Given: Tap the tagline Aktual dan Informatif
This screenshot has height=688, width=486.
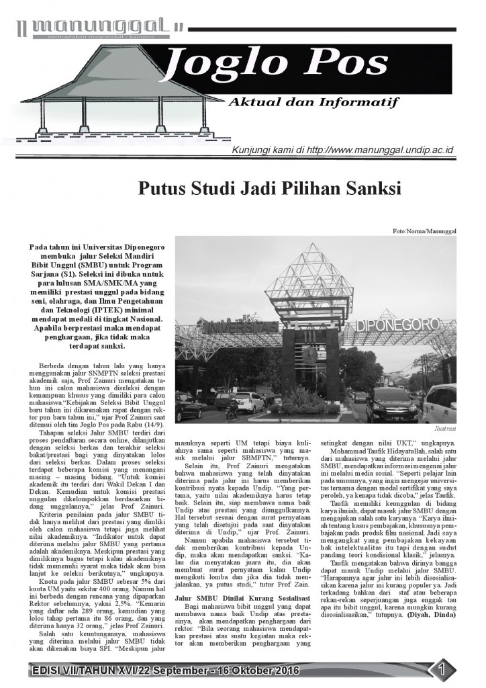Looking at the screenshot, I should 313,103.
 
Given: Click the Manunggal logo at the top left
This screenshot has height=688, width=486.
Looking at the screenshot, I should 101,27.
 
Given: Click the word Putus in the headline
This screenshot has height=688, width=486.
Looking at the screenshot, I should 162,188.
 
